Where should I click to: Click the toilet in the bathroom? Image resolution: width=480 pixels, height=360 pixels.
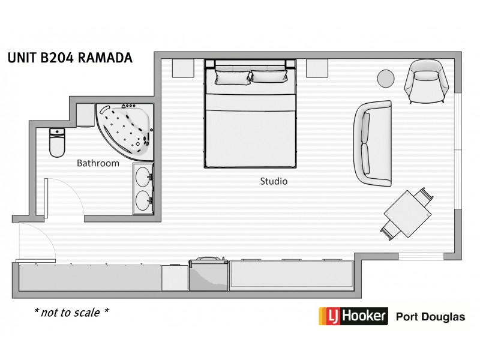tap(57, 143)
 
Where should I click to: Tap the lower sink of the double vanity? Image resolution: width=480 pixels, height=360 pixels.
tap(143, 199)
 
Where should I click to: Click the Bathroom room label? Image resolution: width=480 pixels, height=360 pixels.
tap(98, 163)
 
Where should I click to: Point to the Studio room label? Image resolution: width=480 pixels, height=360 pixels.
tap(274, 181)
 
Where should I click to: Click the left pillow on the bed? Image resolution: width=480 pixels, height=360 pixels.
tap(232, 77)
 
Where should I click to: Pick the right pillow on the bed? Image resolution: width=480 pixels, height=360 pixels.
tap(269, 77)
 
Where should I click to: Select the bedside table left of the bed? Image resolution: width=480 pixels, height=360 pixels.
tap(182, 68)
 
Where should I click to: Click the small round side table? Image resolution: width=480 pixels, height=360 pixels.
tap(386, 78)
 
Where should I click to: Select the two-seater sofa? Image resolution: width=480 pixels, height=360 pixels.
tap(372, 142)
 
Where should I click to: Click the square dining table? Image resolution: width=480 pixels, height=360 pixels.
tap(408, 212)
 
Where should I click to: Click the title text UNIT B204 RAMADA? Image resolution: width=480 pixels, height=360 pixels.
tap(70, 58)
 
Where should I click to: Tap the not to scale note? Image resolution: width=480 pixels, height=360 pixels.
tap(71, 313)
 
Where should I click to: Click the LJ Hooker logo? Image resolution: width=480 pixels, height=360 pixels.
tap(352, 316)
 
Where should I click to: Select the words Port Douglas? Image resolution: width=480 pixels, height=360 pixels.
tap(430, 317)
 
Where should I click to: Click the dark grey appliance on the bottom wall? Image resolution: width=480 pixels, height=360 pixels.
tap(208, 275)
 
